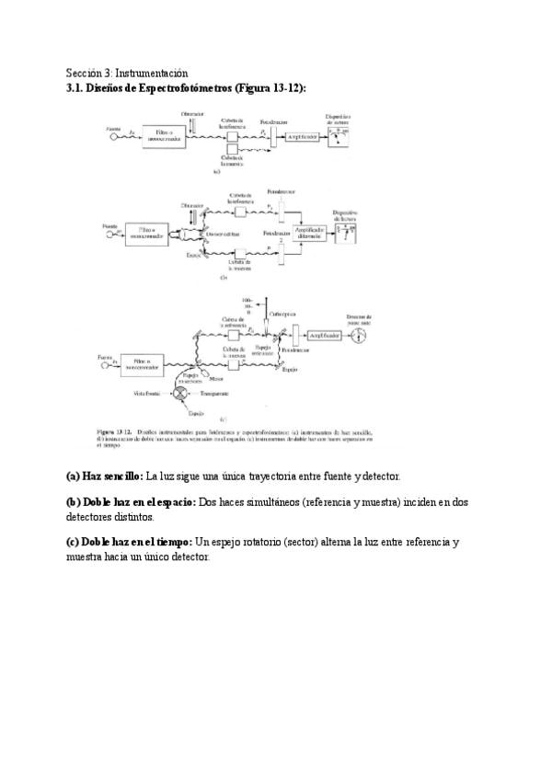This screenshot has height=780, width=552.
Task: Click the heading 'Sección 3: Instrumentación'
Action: (x=127, y=73)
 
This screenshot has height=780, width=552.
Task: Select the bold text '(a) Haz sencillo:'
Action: (x=104, y=476)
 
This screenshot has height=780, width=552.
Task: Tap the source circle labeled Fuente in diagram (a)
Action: (x=115, y=137)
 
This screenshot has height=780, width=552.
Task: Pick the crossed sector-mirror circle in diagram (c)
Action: (x=181, y=393)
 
